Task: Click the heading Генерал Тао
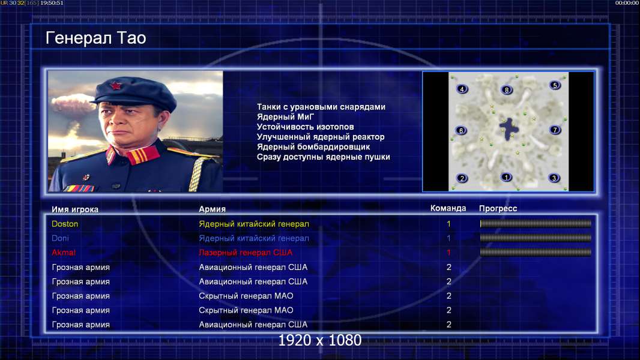coord(95,38)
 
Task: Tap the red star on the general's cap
coord(115,86)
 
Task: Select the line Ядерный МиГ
coord(285,117)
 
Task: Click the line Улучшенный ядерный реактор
coord(321,137)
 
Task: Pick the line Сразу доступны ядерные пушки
coord(323,157)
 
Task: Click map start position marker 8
coord(507,89)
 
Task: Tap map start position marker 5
coord(555,85)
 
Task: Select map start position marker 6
coord(461,130)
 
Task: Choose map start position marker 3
coord(554,178)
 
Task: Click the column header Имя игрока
coord(74,209)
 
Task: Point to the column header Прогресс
coord(498,208)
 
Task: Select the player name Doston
coord(65,224)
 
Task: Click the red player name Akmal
coord(64,253)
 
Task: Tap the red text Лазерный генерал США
coord(246,253)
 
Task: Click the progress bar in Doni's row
coord(536,238)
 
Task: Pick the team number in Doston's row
coord(448,224)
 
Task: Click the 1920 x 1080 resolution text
coord(319,340)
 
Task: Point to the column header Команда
coord(448,208)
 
